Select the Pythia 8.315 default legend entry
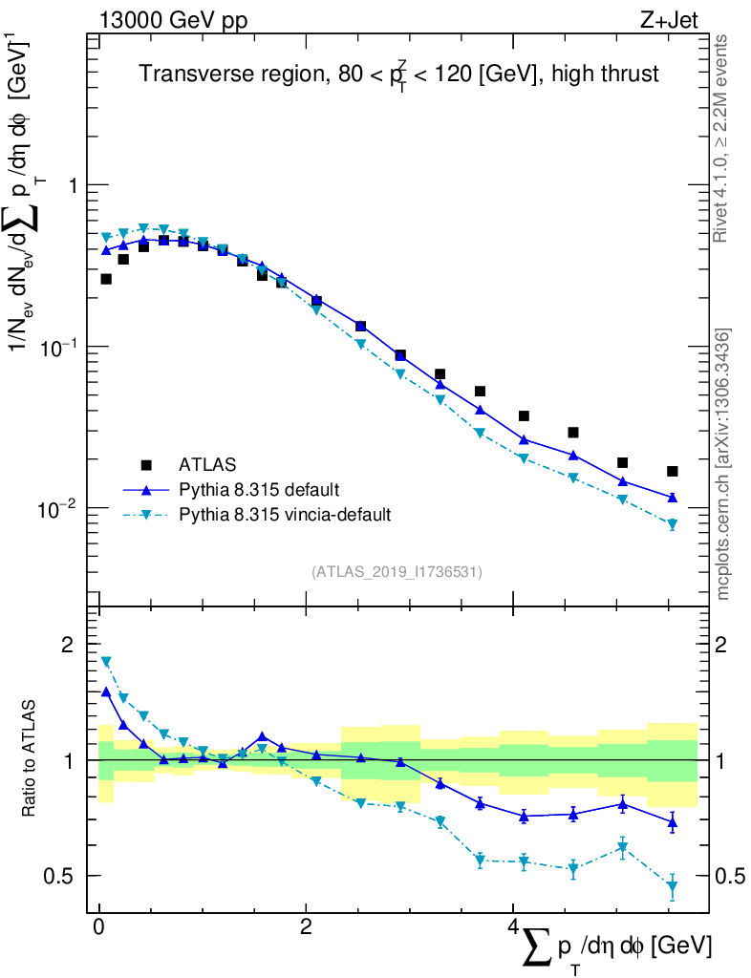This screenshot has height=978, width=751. pos(257,490)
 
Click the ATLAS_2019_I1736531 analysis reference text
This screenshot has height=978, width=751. pos(397,572)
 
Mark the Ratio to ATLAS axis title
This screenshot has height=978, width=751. pos(31,759)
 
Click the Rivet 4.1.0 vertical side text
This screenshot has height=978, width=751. pos(722,138)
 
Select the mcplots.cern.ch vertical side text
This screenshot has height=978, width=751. pos(722,463)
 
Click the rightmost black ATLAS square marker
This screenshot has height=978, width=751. pos(673,471)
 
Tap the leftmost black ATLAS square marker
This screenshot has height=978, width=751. pos(106,279)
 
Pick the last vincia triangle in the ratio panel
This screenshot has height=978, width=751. pos(673,888)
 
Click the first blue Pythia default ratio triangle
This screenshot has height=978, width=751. pos(106,691)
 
